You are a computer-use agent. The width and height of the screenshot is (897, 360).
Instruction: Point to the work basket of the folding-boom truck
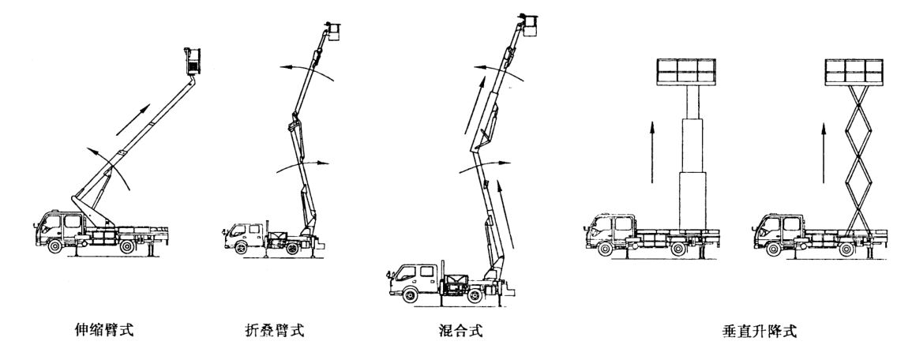pyautogui.click(x=335, y=32)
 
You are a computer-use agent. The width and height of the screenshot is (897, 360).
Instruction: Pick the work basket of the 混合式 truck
pyautogui.click(x=529, y=27)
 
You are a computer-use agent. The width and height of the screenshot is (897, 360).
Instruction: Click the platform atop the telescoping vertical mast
pyautogui.click(x=685, y=73)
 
